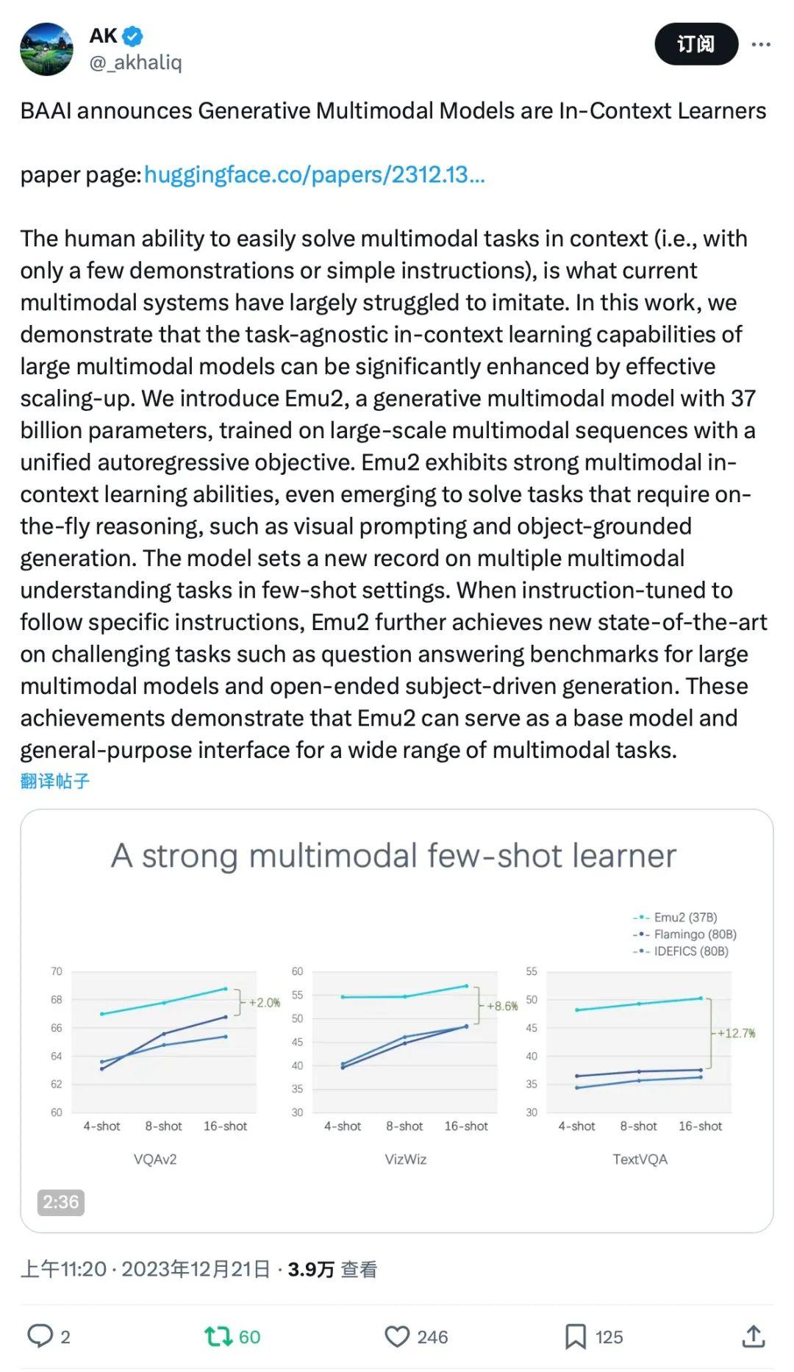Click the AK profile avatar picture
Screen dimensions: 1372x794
click(x=46, y=49)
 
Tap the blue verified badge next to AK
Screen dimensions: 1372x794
click(x=132, y=35)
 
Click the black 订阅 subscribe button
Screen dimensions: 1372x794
click(x=695, y=44)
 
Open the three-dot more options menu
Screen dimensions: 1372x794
click(x=761, y=45)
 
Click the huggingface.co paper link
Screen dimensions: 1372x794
click(x=314, y=174)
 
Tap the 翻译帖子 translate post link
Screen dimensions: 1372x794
click(x=55, y=781)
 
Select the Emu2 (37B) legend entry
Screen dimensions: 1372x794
click(x=684, y=917)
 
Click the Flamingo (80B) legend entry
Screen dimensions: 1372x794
click(x=694, y=934)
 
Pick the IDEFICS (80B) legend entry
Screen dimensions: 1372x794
click(x=690, y=951)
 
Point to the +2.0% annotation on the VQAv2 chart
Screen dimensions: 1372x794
click(x=264, y=1002)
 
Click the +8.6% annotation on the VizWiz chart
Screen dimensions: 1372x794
click(x=502, y=1006)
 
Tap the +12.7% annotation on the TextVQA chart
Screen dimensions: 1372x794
click(x=736, y=1033)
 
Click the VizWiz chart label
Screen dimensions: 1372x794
click(x=405, y=1159)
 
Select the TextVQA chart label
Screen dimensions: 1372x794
click(x=640, y=1159)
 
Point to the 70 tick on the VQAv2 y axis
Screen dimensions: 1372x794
click(x=57, y=971)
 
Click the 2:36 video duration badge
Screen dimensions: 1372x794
click(x=60, y=1201)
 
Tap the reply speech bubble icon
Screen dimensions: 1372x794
click(x=40, y=1336)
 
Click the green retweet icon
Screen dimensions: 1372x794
click(x=218, y=1336)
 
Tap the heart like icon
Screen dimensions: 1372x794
click(x=397, y=1336)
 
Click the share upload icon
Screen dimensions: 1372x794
click(x=754, y=1336)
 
